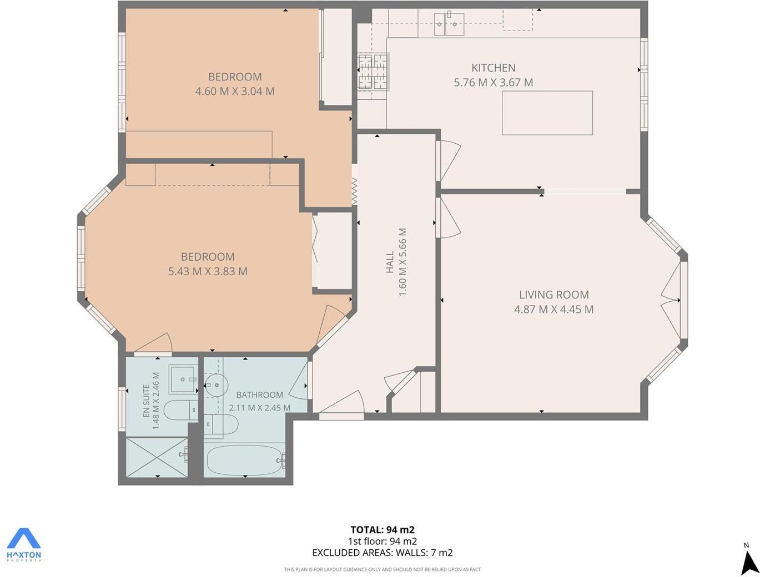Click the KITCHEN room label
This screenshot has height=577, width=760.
pyautogui.click(x=493, y=68)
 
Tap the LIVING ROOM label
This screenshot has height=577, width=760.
pyautogui.click(x=553, y=295)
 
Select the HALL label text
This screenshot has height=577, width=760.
pyautogui.click(x=390, y=262)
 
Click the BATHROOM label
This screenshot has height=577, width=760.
pyautogui.click(x=259, y=394)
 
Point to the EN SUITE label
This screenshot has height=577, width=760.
pyautogui.click(x=147, y=401)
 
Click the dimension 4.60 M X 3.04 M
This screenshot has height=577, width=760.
pyautogui.click(x=234, y=91)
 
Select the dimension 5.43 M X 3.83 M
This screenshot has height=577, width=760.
pyautogui.click(x=208, y=271)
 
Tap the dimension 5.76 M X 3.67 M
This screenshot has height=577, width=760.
pyautogui.click(x=493, y=83)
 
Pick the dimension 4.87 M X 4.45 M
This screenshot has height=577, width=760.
pyautogui.click(x=553, y=309)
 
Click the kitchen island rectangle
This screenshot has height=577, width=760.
pyautogui.click(x=547, y=113)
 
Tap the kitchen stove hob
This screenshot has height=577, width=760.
pyautogui.click(x=373, y=71)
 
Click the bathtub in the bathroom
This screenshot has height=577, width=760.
pyautogui.click(x=245, y=460)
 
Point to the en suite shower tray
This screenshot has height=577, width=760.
pyautogui.click(x=157, y=457)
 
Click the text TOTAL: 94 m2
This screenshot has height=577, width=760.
pyautogui.click(x=382, y=529)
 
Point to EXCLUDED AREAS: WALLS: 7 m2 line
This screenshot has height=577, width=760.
pyautogui.click(x=382, y=553)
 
